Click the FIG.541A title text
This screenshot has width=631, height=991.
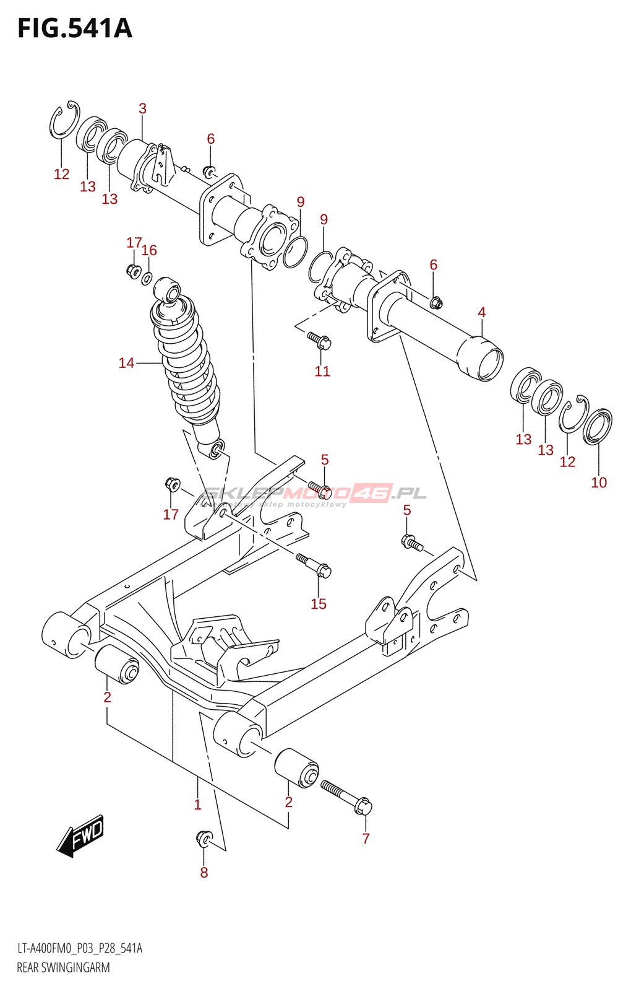75,28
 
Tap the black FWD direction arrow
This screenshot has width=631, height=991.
81,836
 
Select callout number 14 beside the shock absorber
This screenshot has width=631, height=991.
126,363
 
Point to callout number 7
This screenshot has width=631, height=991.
366,839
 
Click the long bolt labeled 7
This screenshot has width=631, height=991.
346,797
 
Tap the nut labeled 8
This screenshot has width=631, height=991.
202,838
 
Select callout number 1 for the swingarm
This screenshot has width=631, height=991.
197,805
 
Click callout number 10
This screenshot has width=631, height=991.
599,482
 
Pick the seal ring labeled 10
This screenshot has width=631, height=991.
598,427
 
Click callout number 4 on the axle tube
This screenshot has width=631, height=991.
482,312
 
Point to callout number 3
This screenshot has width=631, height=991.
142,108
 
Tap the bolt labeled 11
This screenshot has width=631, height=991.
320,340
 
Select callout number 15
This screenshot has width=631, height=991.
319,604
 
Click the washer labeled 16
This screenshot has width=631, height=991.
147,277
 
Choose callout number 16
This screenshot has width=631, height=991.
149,250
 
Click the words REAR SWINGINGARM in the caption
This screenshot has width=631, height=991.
63,967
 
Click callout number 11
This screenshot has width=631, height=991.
322,371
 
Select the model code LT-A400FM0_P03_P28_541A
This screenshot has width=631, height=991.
79,948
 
